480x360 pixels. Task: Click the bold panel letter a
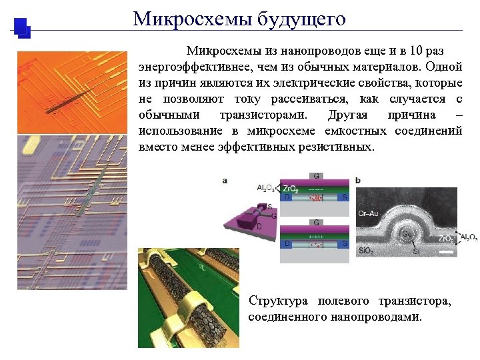click(225, 181)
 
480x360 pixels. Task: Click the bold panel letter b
click(359, 181)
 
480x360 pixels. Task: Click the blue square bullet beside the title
click(22, 27)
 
